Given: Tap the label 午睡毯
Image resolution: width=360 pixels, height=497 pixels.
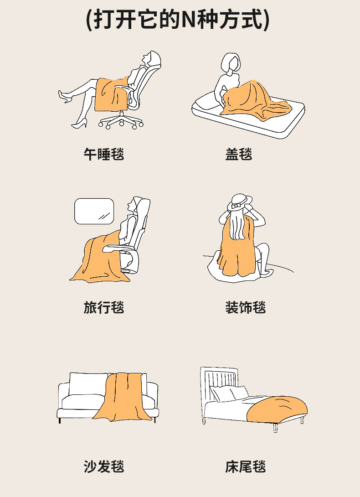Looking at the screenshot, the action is click(x=103, y=154).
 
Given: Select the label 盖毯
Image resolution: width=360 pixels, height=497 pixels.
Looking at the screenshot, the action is click(x=239, y=154).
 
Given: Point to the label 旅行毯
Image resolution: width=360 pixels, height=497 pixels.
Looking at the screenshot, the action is click(x=103, y=307).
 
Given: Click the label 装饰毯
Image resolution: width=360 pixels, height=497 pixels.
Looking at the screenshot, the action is click(x=245, y=307).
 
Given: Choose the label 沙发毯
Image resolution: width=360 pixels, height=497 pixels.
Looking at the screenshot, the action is click(x=103, y=466).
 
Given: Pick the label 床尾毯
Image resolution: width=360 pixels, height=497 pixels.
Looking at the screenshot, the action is click(x=245, y=466).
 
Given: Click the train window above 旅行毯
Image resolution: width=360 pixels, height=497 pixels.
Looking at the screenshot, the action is click(x=94, y=211).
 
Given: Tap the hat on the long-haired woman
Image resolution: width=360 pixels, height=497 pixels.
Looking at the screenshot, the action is click(x=240, y=202).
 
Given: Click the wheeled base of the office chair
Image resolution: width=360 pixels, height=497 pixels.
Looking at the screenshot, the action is click(x=121, y=121).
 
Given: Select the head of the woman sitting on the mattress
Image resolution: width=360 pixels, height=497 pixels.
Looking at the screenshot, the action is click(x=231, y=62).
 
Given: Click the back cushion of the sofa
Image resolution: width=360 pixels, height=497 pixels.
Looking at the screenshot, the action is click(x=88, y=384).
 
